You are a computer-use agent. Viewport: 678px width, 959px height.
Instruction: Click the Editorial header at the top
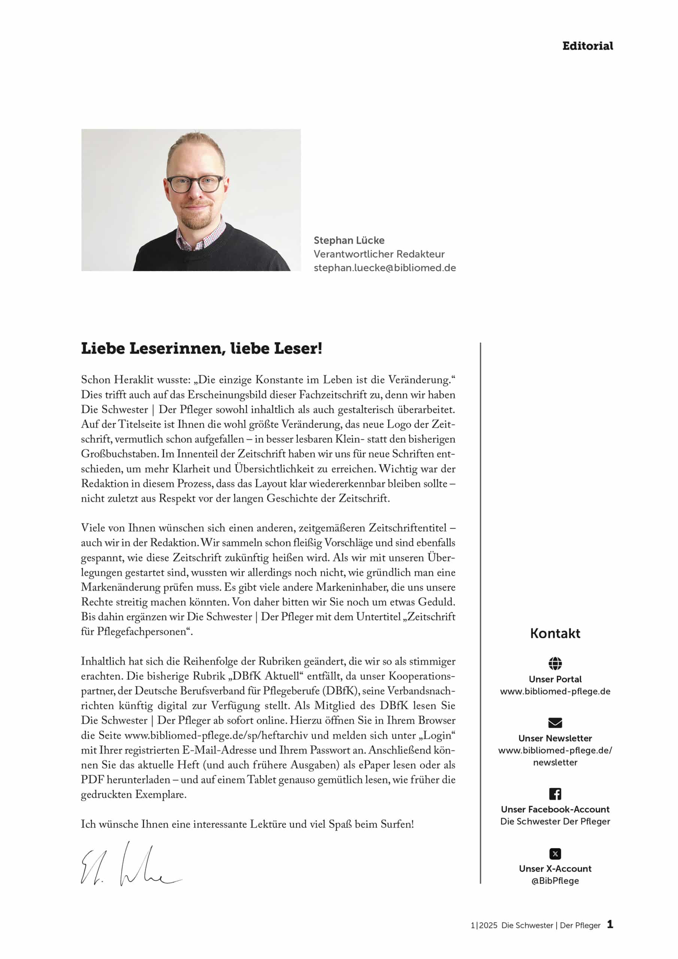587,46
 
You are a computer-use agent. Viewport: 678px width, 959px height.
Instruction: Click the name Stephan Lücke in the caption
349,240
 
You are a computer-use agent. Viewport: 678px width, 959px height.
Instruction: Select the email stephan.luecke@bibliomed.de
384,268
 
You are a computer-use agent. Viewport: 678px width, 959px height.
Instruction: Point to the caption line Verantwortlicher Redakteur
379,254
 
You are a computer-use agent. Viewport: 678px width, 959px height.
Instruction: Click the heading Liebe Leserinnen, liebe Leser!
202,348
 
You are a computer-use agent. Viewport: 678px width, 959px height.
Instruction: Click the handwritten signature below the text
130,865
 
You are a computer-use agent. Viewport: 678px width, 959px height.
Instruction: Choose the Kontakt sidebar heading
555,633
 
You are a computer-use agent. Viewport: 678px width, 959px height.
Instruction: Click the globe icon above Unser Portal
555,663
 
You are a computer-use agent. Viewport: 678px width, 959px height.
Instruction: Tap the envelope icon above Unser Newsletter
555,723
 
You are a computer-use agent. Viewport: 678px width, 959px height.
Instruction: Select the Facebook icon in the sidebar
555,793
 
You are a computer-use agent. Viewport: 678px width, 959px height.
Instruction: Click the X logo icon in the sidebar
555,854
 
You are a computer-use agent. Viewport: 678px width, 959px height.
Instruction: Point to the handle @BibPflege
555,881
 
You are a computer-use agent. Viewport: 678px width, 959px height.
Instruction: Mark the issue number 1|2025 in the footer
484,925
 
